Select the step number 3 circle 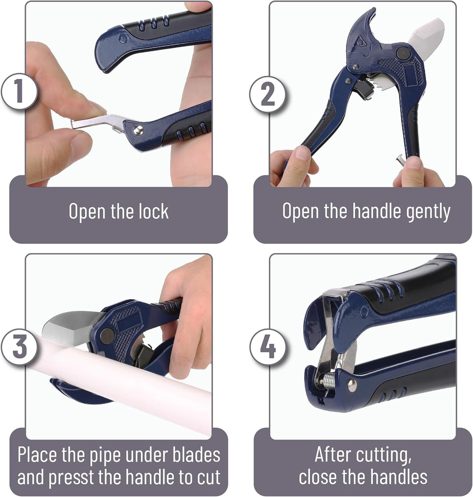pos(19,348)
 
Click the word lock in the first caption pos(151,211)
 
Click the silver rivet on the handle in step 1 pos(138,130)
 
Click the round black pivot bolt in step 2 pos(403,53)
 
